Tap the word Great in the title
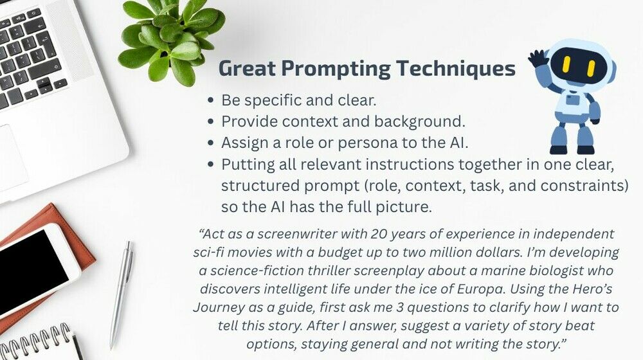[x=247, y=68]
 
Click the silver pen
[x=122, y=294]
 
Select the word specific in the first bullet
[x=272, y=100]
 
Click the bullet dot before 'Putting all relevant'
[x=211, y=165]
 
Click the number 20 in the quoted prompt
[x=379, y=234]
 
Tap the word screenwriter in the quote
[x=291, y=234]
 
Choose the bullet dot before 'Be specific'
[x=211, y=100]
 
